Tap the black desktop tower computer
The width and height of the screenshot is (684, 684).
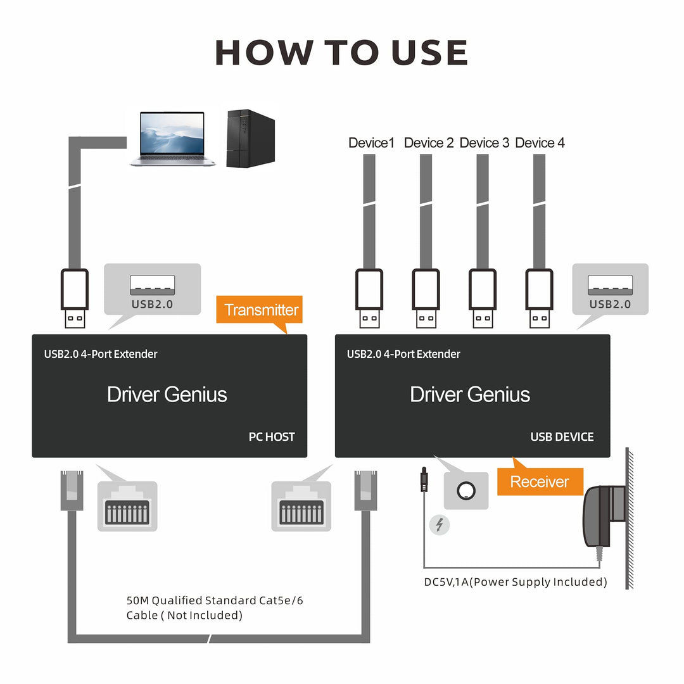tap(250, 138)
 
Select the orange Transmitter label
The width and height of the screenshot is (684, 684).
tap(260, 310)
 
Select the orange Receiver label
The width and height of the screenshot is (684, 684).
tap(539, 481)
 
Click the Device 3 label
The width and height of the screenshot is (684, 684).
tap(484, 143)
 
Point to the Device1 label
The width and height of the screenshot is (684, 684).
tap(371, 143)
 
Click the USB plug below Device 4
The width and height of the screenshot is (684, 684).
tap(540, 298)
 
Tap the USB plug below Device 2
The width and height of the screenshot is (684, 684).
tap(426, 298)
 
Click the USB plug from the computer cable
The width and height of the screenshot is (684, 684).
tap(75, 298)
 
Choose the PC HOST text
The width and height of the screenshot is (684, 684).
tap(271, 436)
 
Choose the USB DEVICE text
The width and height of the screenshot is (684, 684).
tap(562, 436)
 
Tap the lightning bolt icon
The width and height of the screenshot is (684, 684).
tap(439, 525)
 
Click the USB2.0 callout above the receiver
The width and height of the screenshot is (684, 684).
tap(610, 289)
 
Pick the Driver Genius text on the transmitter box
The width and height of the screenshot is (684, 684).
tap(167, 395)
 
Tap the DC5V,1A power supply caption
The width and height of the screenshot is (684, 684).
tap(515, 581)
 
